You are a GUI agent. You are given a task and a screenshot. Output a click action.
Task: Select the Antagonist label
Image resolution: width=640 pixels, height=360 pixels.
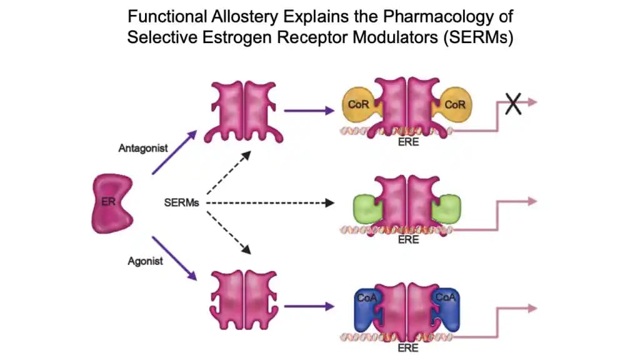139,148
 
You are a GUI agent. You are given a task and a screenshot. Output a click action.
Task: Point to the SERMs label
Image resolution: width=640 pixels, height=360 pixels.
181,204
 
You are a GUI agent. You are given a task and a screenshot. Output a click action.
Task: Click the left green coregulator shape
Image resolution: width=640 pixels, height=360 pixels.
366,208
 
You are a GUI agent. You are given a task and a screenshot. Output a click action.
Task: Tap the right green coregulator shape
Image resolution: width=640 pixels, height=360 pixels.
447,208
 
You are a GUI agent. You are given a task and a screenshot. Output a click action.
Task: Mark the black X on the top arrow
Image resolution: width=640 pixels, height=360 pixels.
513,104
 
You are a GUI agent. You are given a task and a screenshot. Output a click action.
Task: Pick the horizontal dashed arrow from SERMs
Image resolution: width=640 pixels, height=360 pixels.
269,203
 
